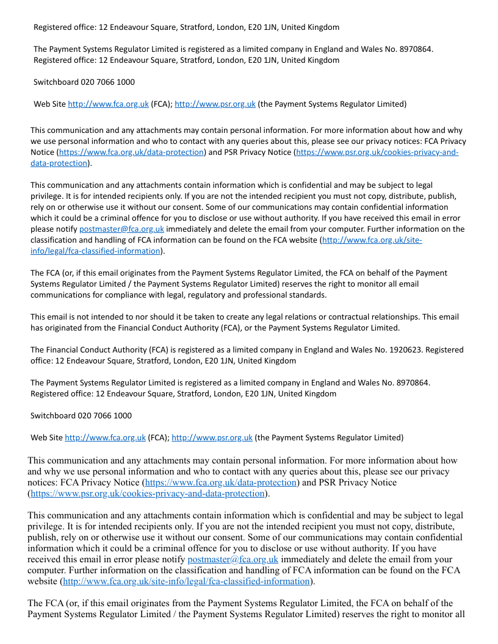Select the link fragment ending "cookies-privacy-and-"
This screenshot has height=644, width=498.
pos(377,152)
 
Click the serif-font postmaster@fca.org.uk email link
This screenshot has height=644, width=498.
pos(233,559)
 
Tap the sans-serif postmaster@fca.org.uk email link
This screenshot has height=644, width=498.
pos(121,229)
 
